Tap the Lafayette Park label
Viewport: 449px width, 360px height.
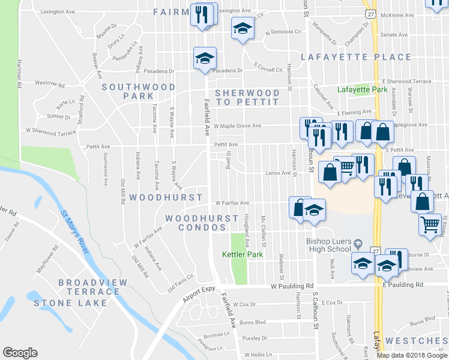tap(362, 89)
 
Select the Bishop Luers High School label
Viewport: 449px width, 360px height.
tap(328, 245)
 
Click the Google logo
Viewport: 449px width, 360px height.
tap(20, 353)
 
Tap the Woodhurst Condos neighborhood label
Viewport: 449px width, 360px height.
tap(202, 223)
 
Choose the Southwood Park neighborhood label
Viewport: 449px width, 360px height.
tap(138, 91)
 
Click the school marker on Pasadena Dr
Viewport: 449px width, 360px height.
tap(205, 59)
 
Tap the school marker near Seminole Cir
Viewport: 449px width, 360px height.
tap(243, 28)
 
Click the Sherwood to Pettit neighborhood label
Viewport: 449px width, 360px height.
tap(247, 97)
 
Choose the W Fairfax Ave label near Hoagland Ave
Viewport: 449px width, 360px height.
tap(232, 203)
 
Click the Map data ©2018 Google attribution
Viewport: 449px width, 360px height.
tap(412, 355)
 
